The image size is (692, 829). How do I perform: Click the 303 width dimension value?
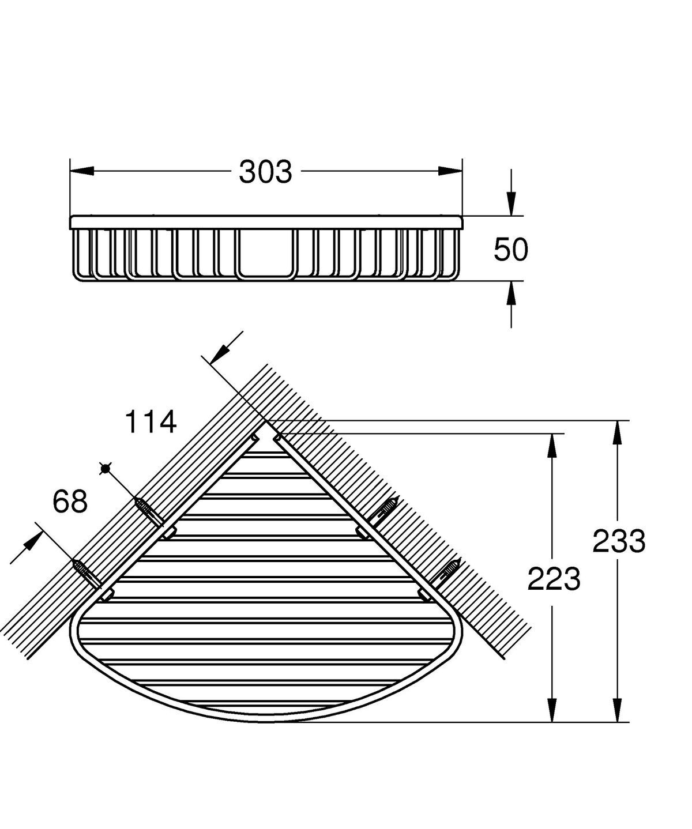[x=266, y=172]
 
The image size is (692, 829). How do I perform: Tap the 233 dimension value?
[x=619, y=541]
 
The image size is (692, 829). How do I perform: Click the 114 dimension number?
[x=151, y=423]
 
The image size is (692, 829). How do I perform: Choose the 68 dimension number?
[x=70, y=501]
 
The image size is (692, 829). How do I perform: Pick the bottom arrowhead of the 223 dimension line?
[x=552, y=710]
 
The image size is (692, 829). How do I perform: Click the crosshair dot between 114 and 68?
[x=104, y=469]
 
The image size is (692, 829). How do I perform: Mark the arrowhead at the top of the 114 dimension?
[x=220, y=353]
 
